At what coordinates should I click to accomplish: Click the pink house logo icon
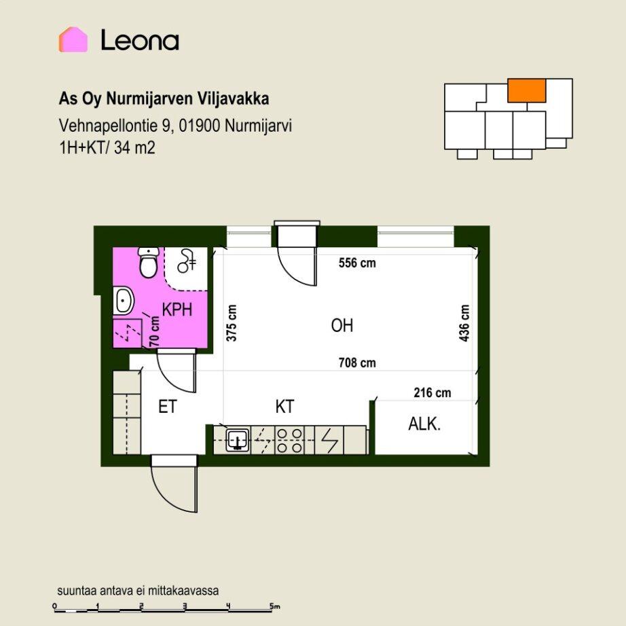click(x=73, y=39)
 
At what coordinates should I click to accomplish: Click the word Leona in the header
click(x=140, y=40)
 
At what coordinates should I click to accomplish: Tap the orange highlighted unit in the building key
click(x=527, y=90)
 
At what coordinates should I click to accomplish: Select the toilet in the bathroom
click(x=148, y=262)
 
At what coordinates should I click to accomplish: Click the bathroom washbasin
click(x=124, y=301)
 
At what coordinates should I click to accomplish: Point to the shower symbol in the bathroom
click(x=187, y=261)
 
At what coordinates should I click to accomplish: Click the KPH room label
click(x=177, y=310)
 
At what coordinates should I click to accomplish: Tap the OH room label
click(x=342, y=325)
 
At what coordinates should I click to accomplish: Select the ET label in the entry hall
click(x=167, y=407)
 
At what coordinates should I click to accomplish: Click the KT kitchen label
click(x=284, y=407)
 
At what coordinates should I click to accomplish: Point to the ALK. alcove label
click(x=424, y=424)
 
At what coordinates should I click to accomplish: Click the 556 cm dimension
click(x=357, y=263)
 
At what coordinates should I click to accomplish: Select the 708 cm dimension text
click(x=357, y=363)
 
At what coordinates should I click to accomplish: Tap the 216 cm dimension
click(x=432, y=392)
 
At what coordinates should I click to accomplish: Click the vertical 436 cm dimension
click(x=464, y=323)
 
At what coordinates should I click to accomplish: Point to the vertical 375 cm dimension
click(x=232, y=323)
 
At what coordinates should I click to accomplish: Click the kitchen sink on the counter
click(x=238, y=440)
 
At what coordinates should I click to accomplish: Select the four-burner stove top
click(x=289, y=441)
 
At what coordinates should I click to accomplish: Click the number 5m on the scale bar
click(x=275, y=606)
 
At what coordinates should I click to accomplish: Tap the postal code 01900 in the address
click(x=200, y=126)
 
